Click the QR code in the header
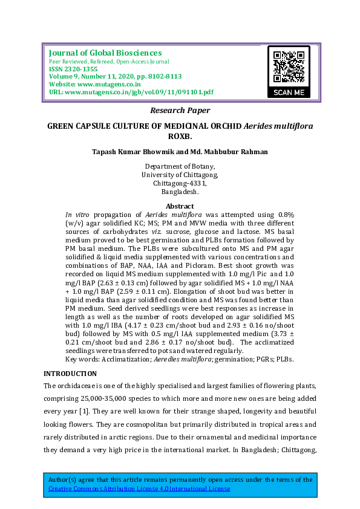(x=289, y=66)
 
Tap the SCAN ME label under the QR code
(x=289, y=92)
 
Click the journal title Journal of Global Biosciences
(x=105, y=53)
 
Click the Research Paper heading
(x=180, y=111)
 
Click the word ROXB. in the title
(x=180, y=137)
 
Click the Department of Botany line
(x=180, y=166)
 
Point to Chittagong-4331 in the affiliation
(x=180, y=183)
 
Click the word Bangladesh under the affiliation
(x=180, y=192)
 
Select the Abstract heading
(x=180, y=206)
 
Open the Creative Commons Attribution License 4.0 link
(x=140, y=488)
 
